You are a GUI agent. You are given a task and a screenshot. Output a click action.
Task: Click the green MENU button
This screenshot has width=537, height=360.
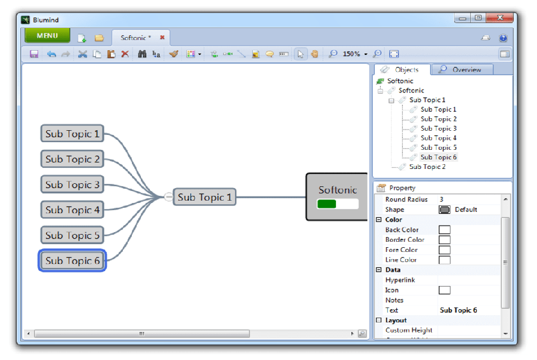tap(47, 36)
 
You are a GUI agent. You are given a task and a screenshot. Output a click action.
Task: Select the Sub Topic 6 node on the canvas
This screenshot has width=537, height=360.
tap(72, 261)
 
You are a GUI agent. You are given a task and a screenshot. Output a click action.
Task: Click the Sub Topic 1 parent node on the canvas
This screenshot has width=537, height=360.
tap(204, 197)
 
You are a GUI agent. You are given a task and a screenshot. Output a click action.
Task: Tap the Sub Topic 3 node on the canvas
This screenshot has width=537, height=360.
tap(72, 184)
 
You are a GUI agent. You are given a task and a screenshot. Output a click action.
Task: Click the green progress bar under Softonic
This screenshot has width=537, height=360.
tap(327, 204)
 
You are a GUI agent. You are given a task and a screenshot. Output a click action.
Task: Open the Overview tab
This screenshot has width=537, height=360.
tap(462, 70)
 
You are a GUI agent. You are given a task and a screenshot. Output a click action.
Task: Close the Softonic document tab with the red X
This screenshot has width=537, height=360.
tap(162, 38)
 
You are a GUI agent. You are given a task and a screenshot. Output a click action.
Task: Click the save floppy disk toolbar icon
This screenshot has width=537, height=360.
tap(34, 54)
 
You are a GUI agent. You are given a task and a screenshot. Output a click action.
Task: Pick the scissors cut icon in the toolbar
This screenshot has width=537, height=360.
tap(82, 54)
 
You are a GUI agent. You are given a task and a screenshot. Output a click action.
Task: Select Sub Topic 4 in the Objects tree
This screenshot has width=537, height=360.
tap(439, 138)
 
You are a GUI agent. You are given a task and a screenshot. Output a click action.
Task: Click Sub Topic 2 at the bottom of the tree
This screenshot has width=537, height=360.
tap(427, 167)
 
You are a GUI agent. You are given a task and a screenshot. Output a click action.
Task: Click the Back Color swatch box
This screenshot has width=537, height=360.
tap(445, 230)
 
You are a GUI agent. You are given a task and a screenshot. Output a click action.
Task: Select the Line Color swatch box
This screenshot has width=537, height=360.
tap(445, 260)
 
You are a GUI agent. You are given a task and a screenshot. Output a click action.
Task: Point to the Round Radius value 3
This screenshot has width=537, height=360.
tap(442, 199)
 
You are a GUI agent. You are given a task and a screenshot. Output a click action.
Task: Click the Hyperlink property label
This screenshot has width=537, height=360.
tap(400, 280)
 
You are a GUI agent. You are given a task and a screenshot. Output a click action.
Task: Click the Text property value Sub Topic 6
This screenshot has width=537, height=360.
tap(458, 310)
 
